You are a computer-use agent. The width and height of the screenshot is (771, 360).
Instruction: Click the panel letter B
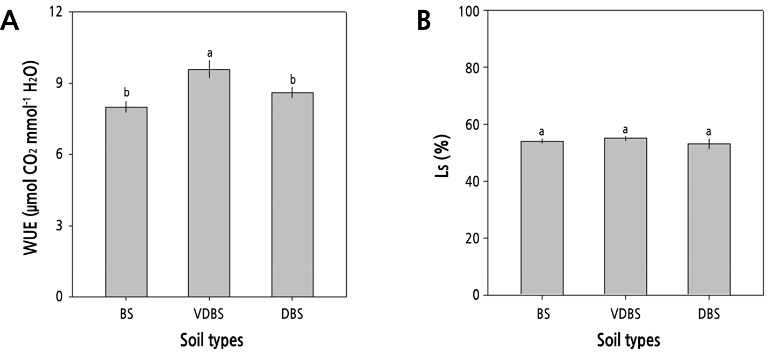(424, 21)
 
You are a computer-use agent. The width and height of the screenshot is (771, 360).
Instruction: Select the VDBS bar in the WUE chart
(209, 183)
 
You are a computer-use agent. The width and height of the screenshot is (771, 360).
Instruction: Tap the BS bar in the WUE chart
(126, 201)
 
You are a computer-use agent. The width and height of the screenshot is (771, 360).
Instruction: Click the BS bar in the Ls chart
(542, 218)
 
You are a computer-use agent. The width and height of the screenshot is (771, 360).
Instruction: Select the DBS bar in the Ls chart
(709, 219)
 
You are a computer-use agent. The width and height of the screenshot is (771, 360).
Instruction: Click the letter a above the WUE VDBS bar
(210, 53)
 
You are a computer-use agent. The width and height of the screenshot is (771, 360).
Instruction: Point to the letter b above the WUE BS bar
(127, 92)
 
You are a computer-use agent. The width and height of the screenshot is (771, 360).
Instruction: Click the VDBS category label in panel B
(625, 314)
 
